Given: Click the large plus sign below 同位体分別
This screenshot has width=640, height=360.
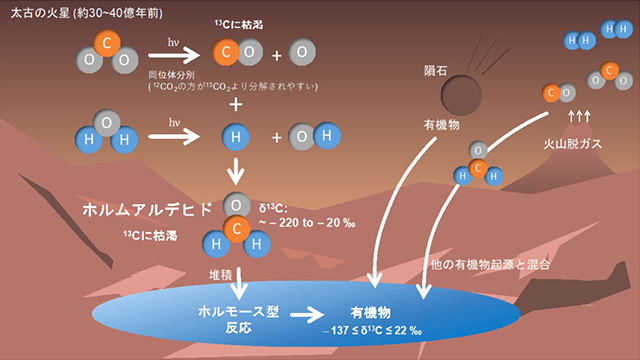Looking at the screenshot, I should [x=236, y=105].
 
